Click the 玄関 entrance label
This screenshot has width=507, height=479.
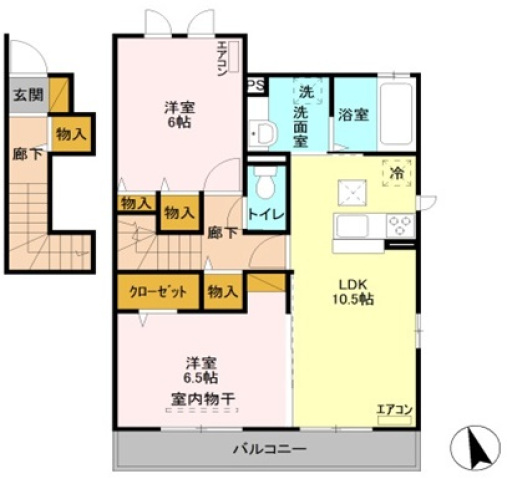tap(28, 95)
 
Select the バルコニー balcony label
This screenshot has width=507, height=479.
tap(269, 449)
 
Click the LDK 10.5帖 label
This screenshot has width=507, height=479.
tap(353, 292)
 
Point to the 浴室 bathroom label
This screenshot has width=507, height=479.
tap(353, 115)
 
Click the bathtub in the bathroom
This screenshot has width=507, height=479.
tap(396, 114)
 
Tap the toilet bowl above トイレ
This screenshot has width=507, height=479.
tap(266, 182)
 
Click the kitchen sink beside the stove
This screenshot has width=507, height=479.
tap(352, 226)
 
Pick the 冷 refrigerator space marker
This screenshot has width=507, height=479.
tap(396, 173)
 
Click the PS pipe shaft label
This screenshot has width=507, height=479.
tap(256, 85)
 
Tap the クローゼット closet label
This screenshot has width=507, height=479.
tap(158, 292)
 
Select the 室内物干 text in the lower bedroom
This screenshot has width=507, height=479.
tap(204, 398)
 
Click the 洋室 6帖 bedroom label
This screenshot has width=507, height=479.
tap(179, 114)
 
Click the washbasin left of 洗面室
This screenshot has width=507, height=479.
tap(263, 134)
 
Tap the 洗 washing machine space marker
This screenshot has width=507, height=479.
tap(307, 92)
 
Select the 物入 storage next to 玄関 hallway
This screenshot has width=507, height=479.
tap(71, 134)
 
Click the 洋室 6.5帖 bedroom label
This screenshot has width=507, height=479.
tap(202, 370)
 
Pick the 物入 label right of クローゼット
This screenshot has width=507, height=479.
tap(223, 292)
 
